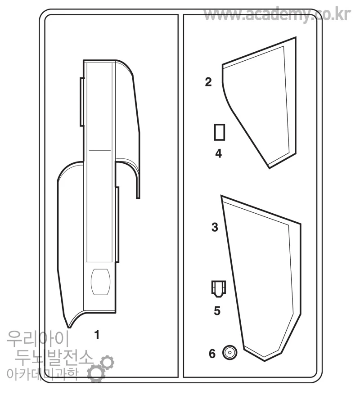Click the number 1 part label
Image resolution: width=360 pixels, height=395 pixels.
[x=97, y=335]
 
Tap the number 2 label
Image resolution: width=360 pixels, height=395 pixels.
[x=208, y=82]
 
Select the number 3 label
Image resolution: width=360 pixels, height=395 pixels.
[x=215, y=227]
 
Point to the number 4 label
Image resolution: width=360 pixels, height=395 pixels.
[x=218, y=153]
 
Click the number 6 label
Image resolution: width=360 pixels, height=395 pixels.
[x=212, y=354]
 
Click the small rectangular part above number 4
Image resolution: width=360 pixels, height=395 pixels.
[x=220, y=132]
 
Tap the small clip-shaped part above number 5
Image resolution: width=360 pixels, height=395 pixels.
[x=218, y=289]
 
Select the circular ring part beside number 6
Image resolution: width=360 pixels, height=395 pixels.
[x=230, y=348]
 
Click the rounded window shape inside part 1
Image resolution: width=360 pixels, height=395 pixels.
[x=100, y=282]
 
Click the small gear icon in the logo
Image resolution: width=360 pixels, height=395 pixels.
[x=107, y=362]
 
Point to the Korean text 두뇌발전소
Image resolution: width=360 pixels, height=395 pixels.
[x=54, y=358]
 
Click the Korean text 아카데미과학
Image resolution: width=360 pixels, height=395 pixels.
[x=43, y=374]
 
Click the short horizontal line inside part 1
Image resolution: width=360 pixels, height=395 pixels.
[x=100, y=151]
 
